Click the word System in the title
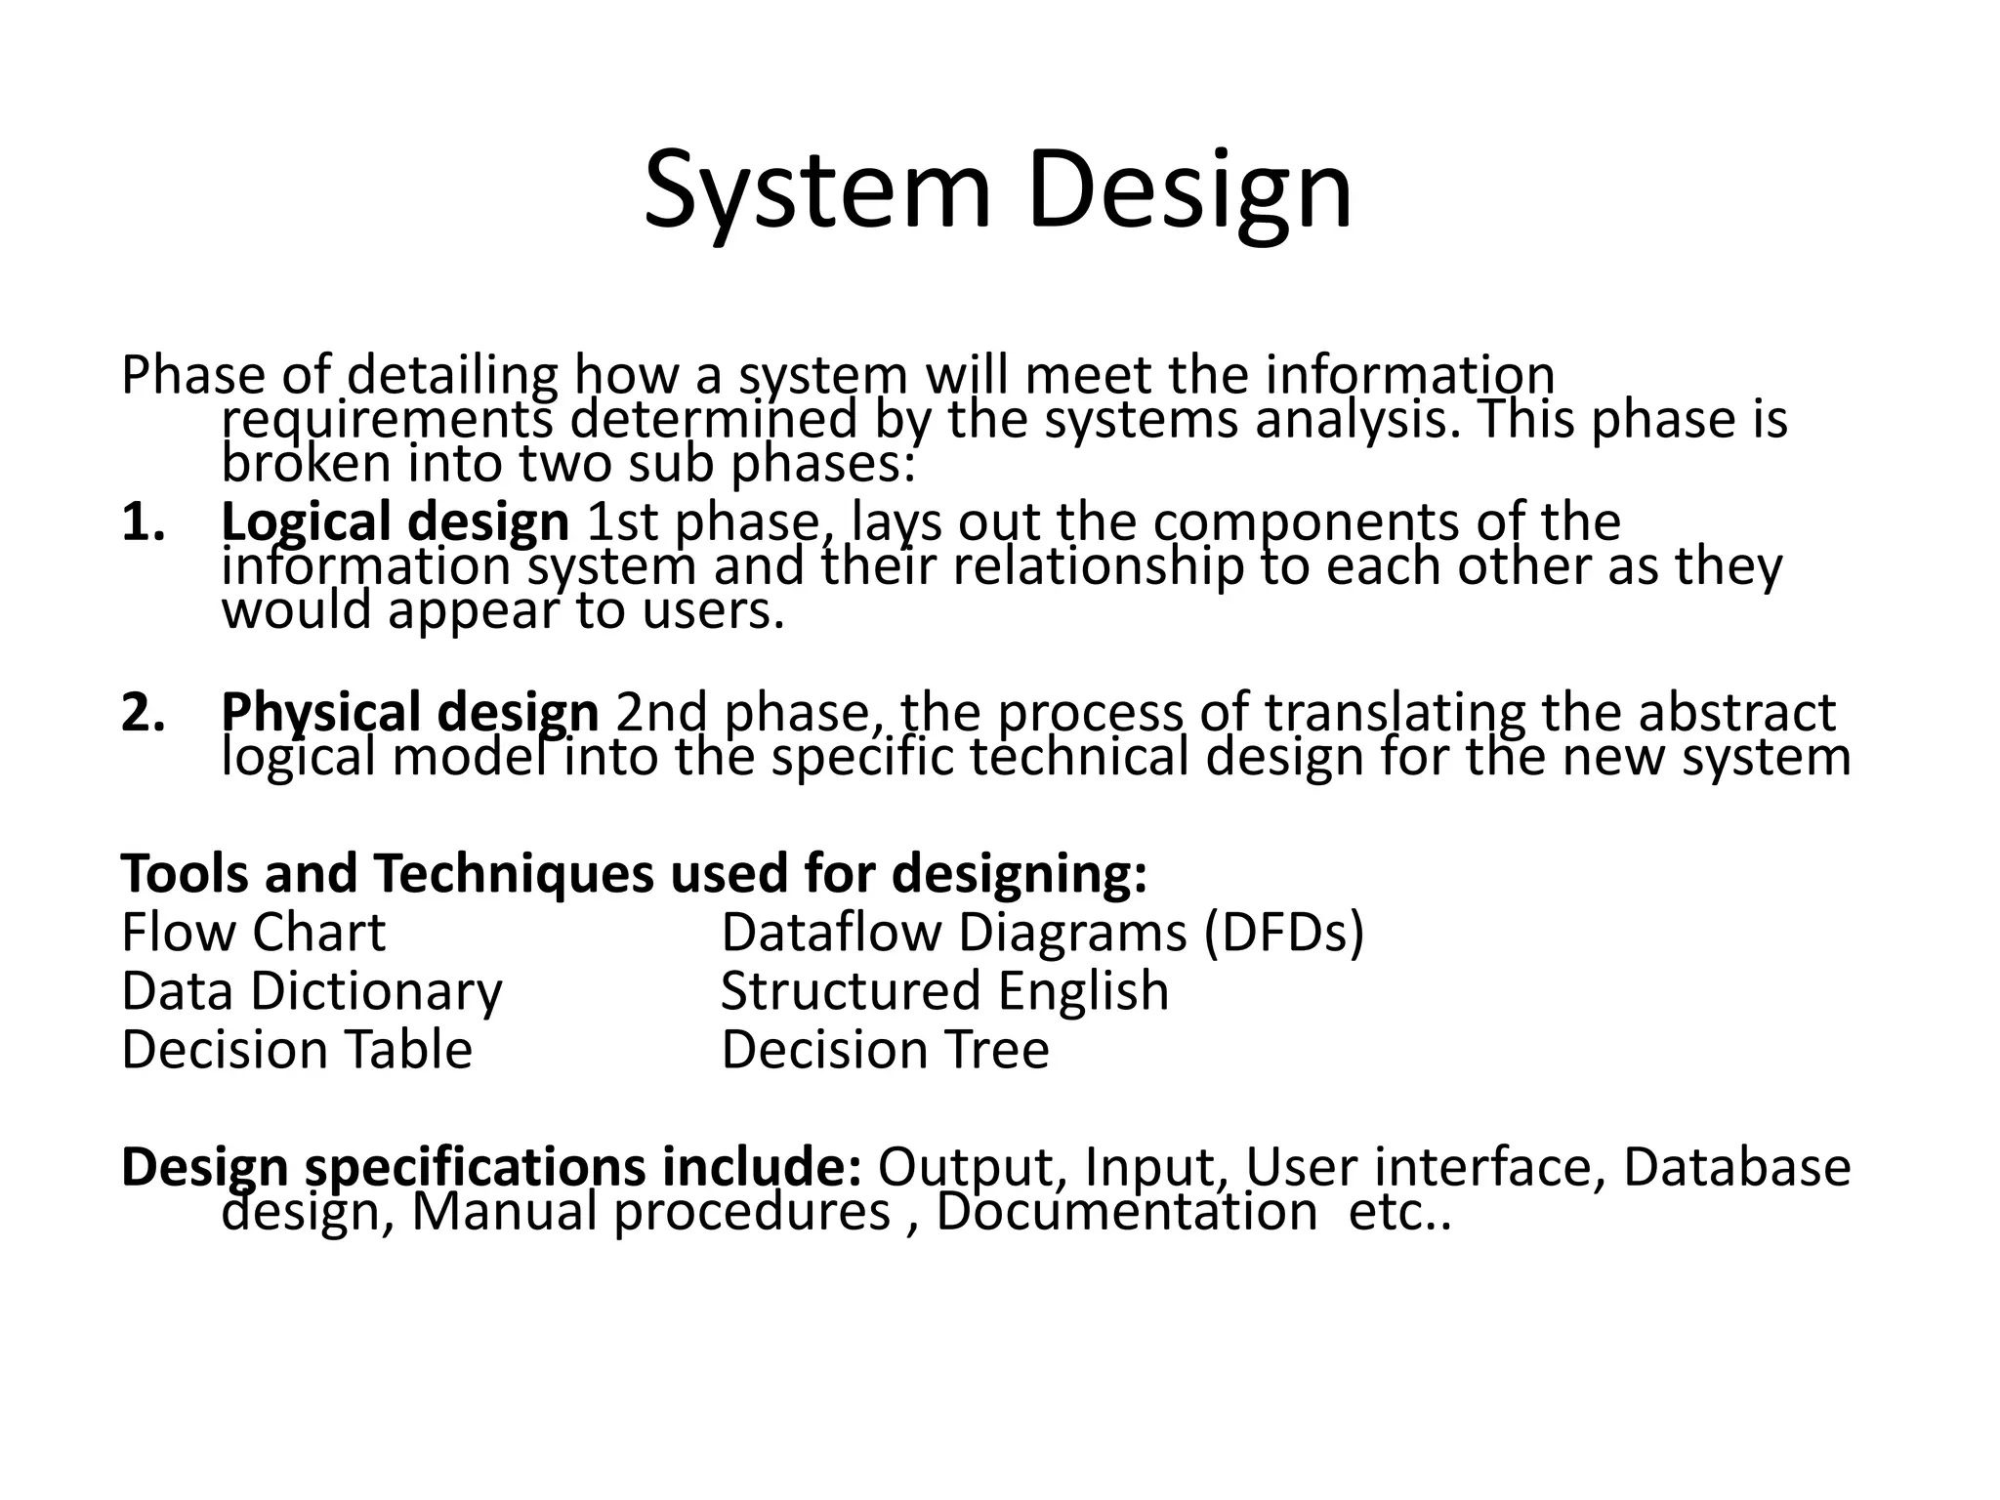(x=816, y=190)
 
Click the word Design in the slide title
(x=1188, y=190)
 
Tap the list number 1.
(x=143, y=522)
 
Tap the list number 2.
(x=143, y=713)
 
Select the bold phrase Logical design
(x=395, y=522)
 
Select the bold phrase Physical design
(x=409, y=713)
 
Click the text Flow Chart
(x=253, y=933)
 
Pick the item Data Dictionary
(x=312, y=991)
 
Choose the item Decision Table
(x=297, y=1050)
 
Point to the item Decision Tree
(x=885, y=1050)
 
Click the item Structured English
(x=944, y=991)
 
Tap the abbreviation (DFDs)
(x=1283, y=933)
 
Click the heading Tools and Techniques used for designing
(x=634, y=873)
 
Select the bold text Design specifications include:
(x=490, y=1167)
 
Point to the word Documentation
(x=1126, y=1212)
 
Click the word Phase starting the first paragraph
(x=192, y=376)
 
